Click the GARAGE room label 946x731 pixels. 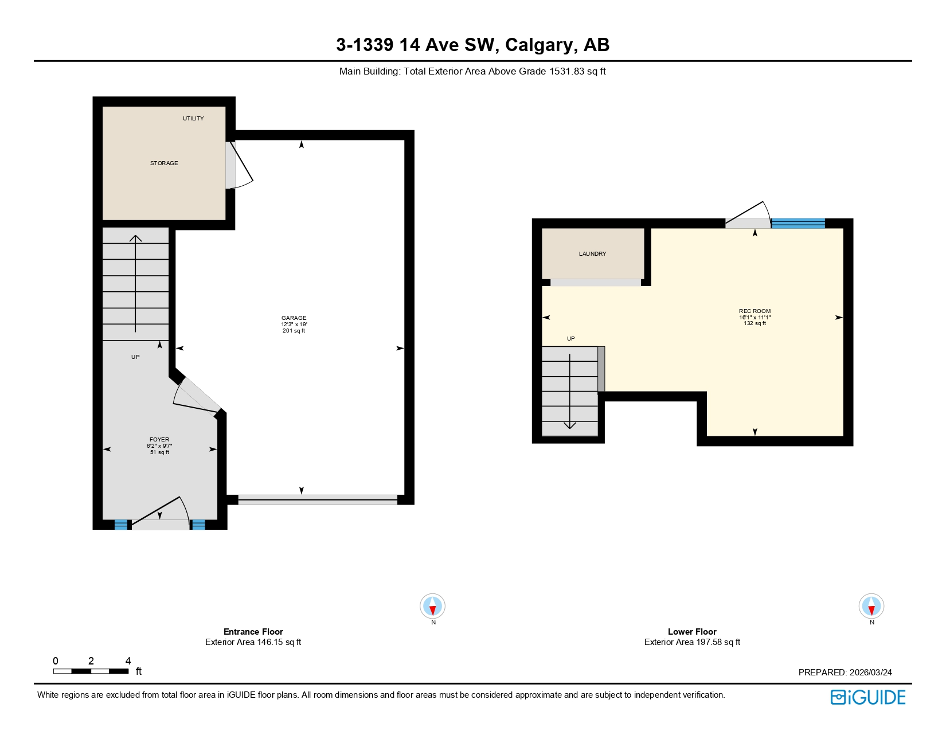[294, 318]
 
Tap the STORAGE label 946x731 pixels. [164, 163]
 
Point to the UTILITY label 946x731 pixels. [193, 119]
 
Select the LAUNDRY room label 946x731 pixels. [592, 253]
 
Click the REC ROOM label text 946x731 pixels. [755, 311]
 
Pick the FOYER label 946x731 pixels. [159, 440]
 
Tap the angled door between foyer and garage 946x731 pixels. [197, 395]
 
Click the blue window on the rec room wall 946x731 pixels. [798, 223]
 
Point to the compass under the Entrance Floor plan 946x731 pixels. [432, 606]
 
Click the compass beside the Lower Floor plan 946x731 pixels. [871, 606]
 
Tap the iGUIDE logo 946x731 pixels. [868, 697]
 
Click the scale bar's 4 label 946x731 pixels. [128, 661]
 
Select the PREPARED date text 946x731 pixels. [845, 673]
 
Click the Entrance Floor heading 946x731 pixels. [253, 631]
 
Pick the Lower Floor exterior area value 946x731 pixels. [692, 642]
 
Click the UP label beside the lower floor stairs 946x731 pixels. [570, 339]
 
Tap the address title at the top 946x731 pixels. [472, 45]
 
